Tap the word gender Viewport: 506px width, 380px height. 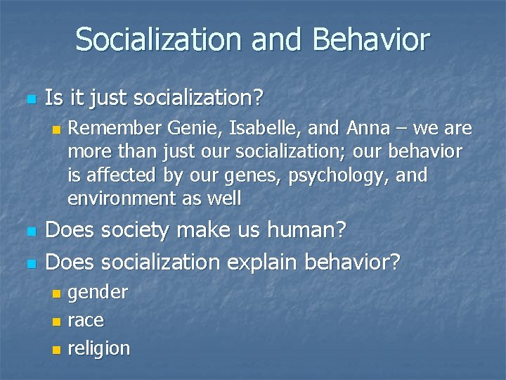point(98,292)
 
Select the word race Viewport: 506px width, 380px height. point(85,320)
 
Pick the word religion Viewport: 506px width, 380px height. point(98,348)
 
